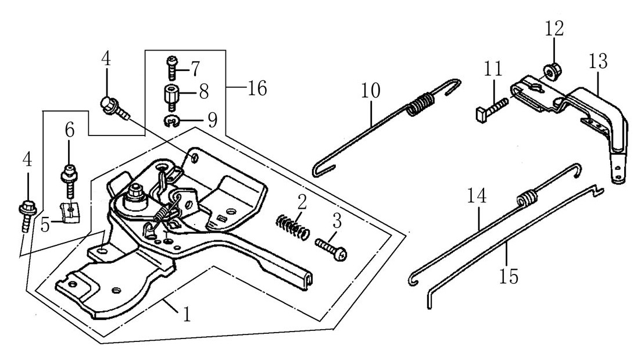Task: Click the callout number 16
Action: pyautogui.click(x=256, y=89)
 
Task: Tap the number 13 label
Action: pyautogui.click(x=597, y=61)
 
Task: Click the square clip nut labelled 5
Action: pyautogui.click(x=69, y=213)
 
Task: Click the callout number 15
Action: pyautogui.click(x=508, y=275)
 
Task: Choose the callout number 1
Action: pyautogui.click(x=187, y=315)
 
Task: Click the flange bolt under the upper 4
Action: pyautogui.click(x=112, y=107)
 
